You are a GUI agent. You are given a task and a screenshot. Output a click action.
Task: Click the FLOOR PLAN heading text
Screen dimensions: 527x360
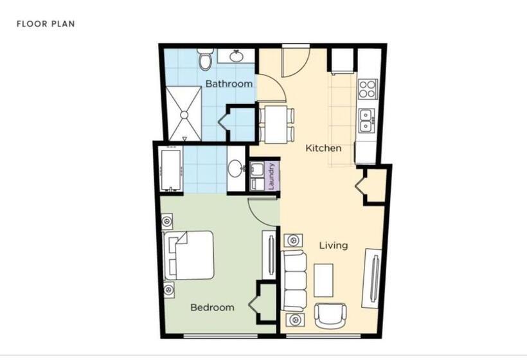pos(46,24)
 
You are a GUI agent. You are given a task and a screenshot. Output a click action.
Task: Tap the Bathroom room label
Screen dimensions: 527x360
pos(229,84)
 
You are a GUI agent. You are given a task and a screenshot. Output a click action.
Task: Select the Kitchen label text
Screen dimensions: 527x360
pos(323,148)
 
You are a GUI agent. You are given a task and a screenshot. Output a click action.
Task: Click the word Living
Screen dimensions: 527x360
pos(334,246)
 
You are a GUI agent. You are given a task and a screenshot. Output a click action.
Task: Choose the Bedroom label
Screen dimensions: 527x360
pos(212,307)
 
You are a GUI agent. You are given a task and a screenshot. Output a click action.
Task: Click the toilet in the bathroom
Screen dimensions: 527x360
pos(205,59)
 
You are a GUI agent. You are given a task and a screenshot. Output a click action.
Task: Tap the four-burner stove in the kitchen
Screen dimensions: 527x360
pos(368,89)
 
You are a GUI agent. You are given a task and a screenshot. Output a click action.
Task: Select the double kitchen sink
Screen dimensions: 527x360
pos(366,120)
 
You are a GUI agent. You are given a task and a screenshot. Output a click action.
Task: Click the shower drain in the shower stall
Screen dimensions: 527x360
pos(184,115)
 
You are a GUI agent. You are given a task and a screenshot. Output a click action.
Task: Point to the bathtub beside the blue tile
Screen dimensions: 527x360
pos(172,170)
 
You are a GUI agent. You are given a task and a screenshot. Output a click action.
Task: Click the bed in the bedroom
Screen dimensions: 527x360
pos(188,255)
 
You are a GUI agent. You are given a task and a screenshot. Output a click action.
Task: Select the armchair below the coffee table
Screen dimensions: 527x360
pos(330,315)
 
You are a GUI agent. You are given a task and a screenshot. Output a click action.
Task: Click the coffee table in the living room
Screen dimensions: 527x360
pos(324,280)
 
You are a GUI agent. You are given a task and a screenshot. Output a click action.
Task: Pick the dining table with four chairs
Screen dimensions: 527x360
pos(276,124)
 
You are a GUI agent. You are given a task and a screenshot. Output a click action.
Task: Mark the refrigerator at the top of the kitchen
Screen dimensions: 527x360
pos(343,61)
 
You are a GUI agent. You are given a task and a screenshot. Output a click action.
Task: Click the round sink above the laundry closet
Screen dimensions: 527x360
pos(236,168)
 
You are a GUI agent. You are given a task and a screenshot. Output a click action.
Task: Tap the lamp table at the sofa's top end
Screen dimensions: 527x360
pos(293,240)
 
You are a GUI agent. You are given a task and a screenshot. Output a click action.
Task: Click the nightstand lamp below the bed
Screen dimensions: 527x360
pos(167,289)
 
